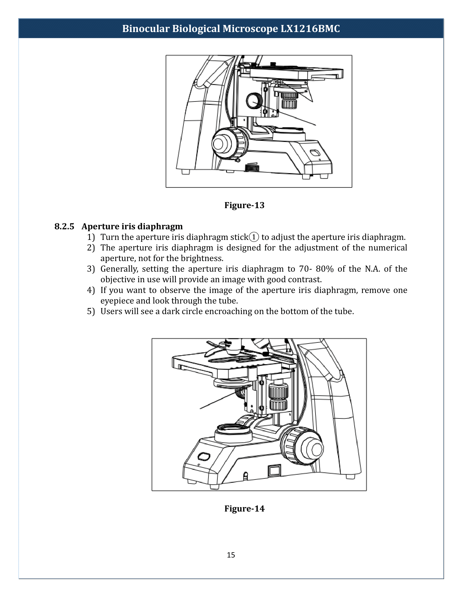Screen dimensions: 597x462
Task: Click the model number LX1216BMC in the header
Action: pyautogui.click(x=310, y=29)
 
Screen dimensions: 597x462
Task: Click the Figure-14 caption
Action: pyautogui.click(x=244, y=509)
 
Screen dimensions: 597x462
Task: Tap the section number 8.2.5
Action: pyautogui.click(x=64, y=226)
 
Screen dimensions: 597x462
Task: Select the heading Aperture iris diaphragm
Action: pyautogui.click(x=132, y=226)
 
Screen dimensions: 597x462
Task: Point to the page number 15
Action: pyautogui.click(x=231, y=555)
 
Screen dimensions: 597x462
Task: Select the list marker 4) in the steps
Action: pyautogui.click(x=91, y=290)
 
